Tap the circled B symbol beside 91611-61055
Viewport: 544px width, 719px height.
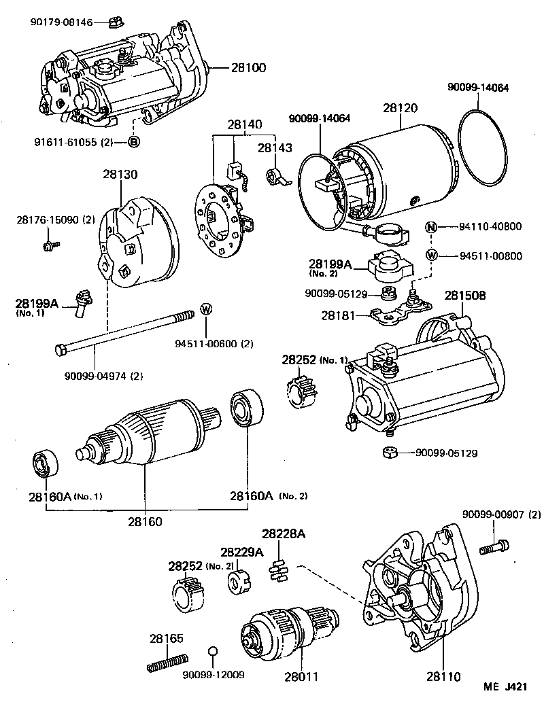(134, 142)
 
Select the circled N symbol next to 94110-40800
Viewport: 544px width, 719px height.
(431, 228)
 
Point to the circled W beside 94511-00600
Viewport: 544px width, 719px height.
(206, 310)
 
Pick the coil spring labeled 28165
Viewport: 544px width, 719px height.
(167, 662)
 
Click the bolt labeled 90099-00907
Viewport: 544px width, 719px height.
(493, 547)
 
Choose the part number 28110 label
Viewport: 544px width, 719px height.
(443, 676)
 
